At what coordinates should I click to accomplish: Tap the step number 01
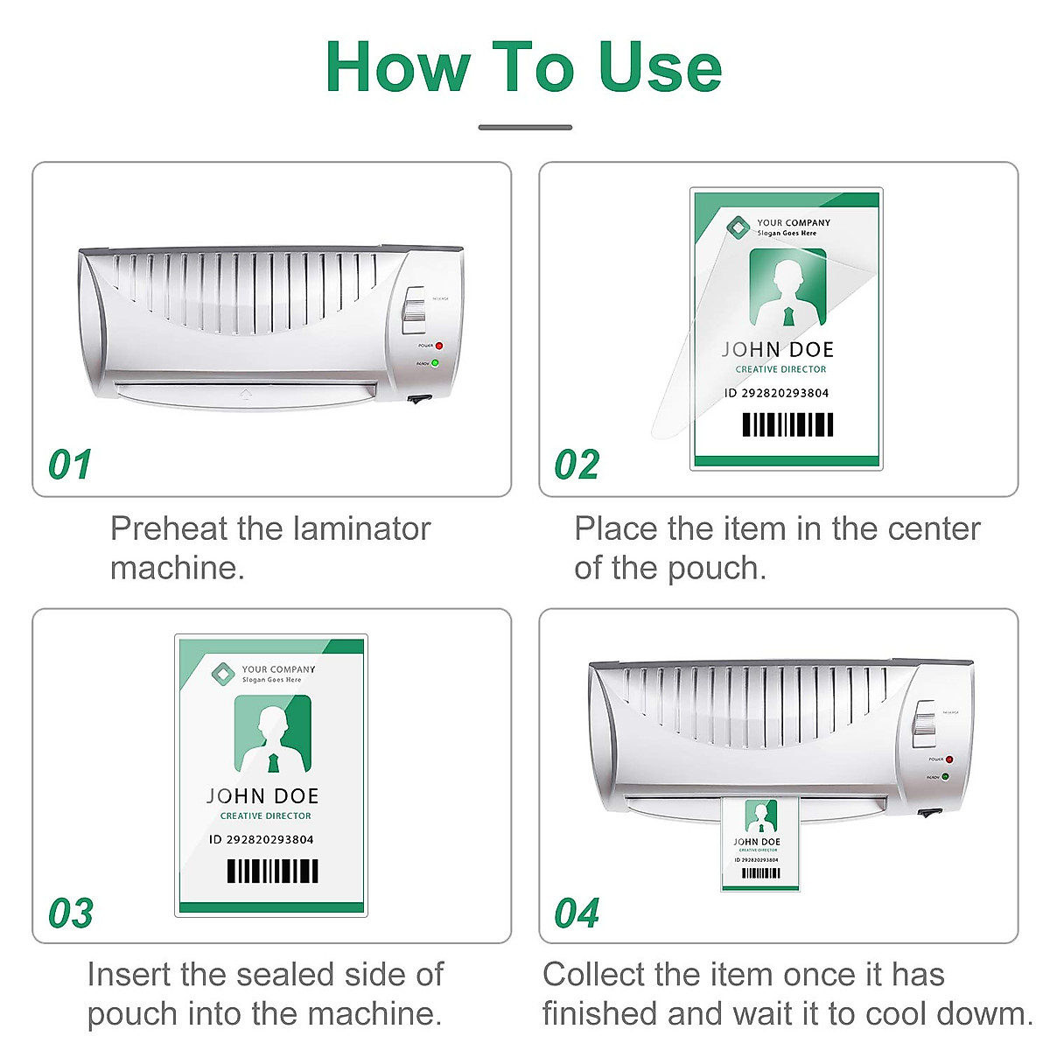pyautogui.click(x=70, y=465)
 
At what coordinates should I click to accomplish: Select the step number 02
pyautogui.click(x=577, y=465)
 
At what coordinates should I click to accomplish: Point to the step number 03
pyautogui.click(x=70, y=913)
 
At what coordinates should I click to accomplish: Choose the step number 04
pyautogui.click(x=577, y=913)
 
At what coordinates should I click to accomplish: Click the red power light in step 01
pyautogui.click(x=439, y=346)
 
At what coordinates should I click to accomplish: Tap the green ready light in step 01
pyautogui.click(x=435, y=362)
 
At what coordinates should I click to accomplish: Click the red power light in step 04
pyautogui.click(x=948, y=759)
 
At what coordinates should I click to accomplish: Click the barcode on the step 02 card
pyautogui.click(x=787, y=424)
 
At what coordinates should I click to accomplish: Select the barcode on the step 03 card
pyautogui.click(x=272, y=871)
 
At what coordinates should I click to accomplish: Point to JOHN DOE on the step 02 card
pyautogui.click(x=778, y=350)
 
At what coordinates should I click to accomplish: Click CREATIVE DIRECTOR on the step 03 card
pyautogui.click(x=266, y=815)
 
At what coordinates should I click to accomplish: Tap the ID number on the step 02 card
pyautogui.click(x=776, y=393)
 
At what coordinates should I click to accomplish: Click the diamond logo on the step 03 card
pyautogui.click(x=224, y=674)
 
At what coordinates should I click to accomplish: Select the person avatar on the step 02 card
pyautogui.click(x=787, y=289)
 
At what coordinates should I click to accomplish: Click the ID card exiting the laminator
pyautogui.click(x=759, y=843)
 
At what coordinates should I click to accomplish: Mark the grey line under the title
pyautogui.click(x=525, y=128)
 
